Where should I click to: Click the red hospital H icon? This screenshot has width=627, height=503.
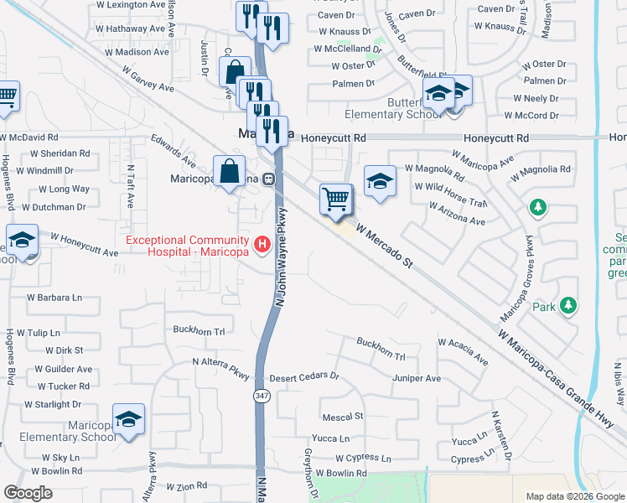pos(262,244)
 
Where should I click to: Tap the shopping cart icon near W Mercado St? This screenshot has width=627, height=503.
pos(335,200)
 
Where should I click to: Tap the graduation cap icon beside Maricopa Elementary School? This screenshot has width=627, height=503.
pos(128,419)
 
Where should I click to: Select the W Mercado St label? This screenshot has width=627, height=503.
pos(386,244)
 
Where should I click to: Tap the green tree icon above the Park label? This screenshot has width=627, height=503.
pos(568,305)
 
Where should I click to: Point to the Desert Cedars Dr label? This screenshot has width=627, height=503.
pos(303,376)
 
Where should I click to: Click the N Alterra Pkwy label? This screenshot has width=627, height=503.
pos(221,362)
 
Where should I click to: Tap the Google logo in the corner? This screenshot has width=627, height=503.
pos(28,493)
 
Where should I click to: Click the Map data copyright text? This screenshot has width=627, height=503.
pos(574,496)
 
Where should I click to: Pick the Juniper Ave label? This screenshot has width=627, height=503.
pos(416,379)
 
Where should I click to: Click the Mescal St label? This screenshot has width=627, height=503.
pos(343,416)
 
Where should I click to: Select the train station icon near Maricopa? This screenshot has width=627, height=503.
pos(269,178)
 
